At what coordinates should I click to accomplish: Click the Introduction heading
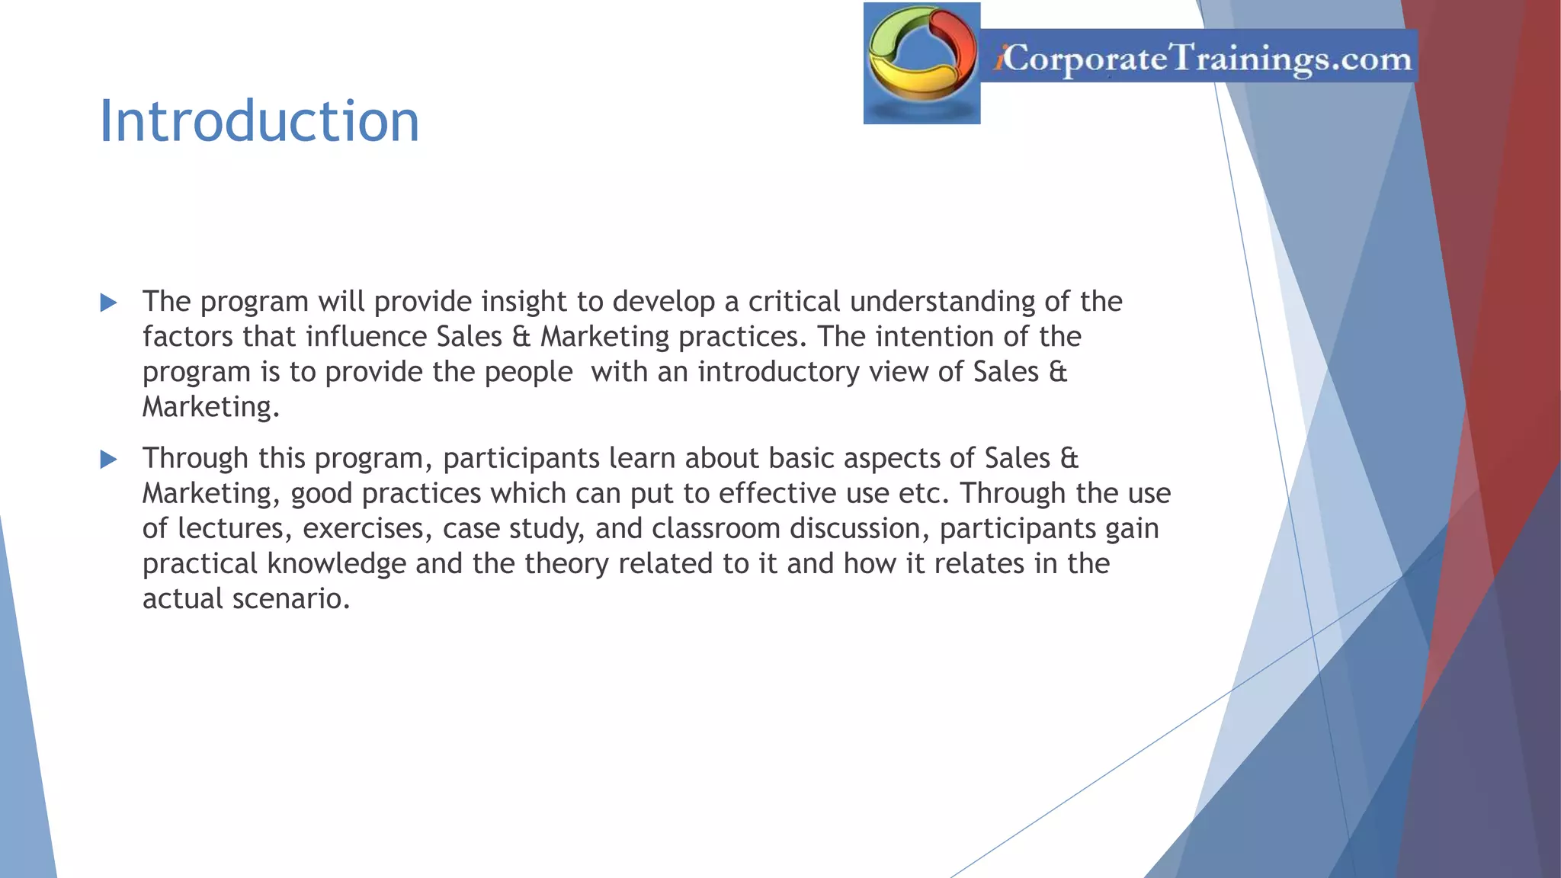(x=259, y=122)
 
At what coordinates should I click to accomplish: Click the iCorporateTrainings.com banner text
(x=1203, y=58)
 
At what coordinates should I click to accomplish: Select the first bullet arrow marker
(x=109, y=303)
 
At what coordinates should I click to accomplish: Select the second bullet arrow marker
(x=109, y=460)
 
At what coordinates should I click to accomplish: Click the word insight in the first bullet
(x=524, y=302)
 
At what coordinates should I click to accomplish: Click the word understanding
(x=942, y=302)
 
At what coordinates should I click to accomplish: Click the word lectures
(x=235, y=528)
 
